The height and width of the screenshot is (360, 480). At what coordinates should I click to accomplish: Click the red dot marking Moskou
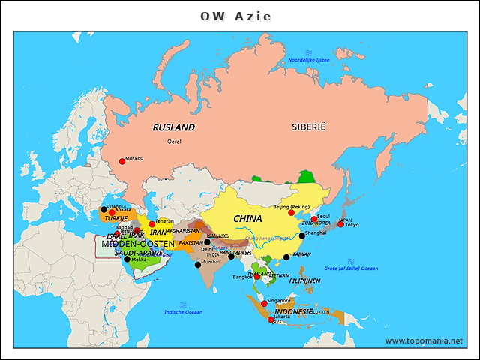122,160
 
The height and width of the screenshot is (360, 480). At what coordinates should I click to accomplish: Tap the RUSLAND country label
173,127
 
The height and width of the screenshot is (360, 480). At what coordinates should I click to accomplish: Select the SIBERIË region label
309,127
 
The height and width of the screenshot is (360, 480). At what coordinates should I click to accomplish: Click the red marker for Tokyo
340,224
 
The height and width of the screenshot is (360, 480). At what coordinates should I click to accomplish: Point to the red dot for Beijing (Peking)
291,213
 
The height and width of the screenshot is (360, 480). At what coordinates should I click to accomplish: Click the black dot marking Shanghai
301,235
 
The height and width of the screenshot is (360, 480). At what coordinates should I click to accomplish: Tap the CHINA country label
247,219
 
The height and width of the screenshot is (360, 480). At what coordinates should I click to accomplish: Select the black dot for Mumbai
198,264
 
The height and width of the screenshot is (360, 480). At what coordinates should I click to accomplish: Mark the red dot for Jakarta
270,319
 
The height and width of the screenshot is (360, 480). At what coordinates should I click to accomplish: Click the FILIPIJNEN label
305,280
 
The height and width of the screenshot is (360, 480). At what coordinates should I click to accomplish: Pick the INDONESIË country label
293,311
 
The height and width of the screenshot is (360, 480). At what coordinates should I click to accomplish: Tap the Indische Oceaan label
184,311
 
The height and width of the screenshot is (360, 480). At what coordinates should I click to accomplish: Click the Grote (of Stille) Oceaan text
351,268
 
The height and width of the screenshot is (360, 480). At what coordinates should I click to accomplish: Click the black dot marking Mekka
127,259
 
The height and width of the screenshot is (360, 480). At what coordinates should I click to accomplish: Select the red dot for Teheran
152,223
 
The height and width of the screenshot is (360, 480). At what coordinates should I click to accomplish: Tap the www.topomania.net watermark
424,340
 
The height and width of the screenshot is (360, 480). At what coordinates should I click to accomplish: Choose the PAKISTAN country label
191,242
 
